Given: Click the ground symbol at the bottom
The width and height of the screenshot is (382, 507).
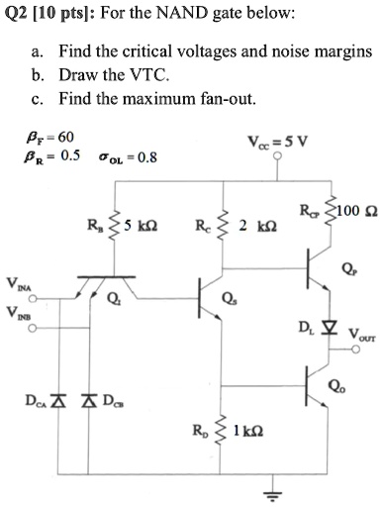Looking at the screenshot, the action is coord(272,495).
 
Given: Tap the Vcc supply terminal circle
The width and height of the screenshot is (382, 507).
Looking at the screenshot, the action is coord(278,154).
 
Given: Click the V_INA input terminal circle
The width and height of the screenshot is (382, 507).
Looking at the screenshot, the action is coord(32,299).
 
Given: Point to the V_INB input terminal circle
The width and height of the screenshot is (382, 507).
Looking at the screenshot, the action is coord(32,329).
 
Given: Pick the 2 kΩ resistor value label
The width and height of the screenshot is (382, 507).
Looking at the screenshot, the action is coord(257,226).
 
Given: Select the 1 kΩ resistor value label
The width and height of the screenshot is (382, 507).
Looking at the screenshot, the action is coord(248,431).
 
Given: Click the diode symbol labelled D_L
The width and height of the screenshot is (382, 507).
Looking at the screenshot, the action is coord(329,328).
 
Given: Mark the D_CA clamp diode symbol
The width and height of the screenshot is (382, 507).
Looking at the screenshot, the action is coord(58,401).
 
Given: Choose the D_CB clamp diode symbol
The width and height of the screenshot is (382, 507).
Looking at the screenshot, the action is coord(88,401).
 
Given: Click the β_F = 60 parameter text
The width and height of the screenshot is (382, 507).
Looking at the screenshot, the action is coord(49,138).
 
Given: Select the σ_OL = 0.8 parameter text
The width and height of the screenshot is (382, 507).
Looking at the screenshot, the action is coord(128,157).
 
